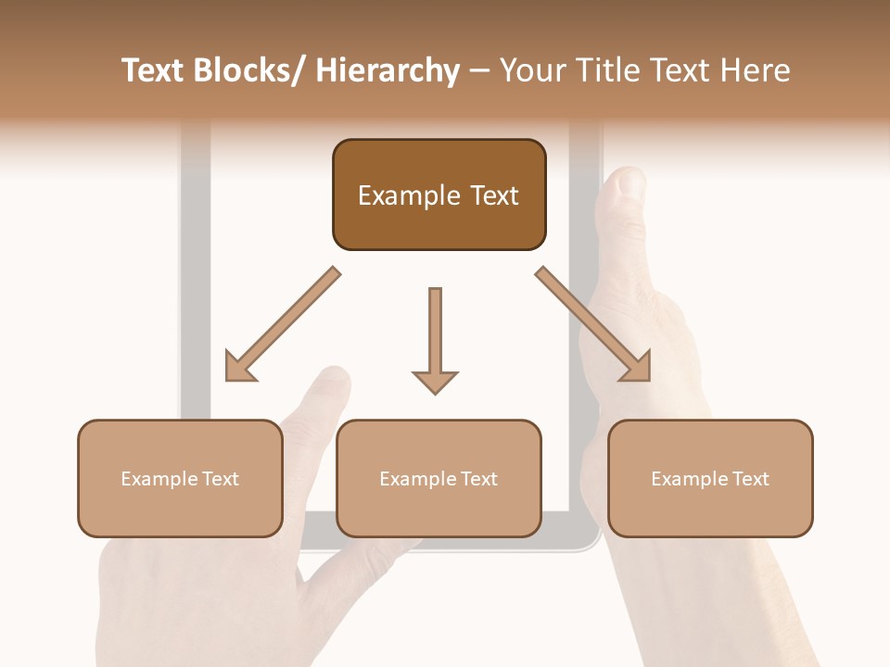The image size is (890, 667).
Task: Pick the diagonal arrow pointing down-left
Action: (x=282, y=325)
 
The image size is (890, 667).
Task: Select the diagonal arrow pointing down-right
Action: (x=593, y=325)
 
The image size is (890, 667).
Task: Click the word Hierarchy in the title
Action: (x=388, y=71)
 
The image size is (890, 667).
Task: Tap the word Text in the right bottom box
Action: (x=751, y=479)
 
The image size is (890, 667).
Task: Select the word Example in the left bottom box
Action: (x=159, y=479)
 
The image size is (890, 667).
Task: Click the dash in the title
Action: (x=479, y=71)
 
